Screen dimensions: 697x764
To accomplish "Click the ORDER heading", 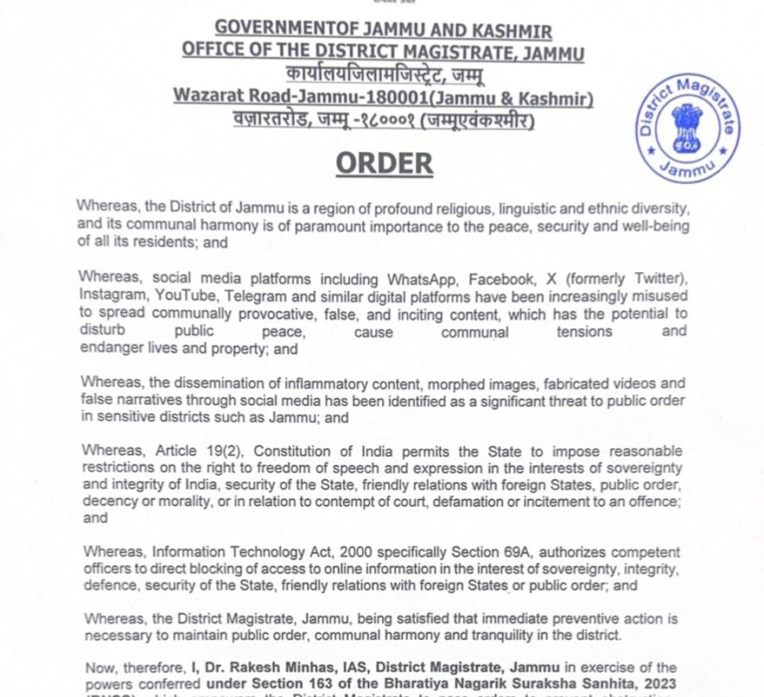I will click(x=384, y=163).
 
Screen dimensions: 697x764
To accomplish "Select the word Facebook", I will click(x=501, y=280).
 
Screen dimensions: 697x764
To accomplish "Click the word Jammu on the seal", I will click(x=688, y=168).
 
